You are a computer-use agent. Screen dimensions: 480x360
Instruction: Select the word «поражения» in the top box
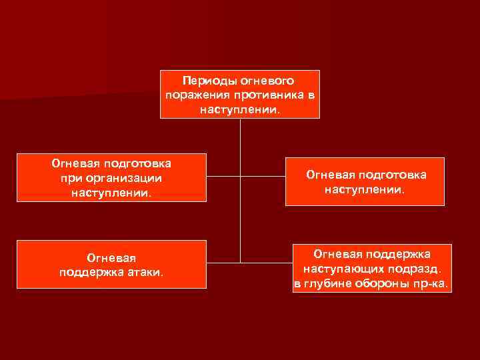pyautogui.click(x=193, y=95)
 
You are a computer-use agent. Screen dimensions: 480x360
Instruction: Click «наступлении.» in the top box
pyautogui.click(x=240, y=109)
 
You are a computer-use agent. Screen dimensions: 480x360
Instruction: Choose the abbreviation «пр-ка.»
pyautogui.click(x=433, y=285)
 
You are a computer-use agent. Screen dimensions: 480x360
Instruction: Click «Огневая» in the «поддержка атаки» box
pyautogui.click(x=111, y=258)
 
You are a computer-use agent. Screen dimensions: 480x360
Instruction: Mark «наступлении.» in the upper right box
pyautogui.click(x=365, y=189)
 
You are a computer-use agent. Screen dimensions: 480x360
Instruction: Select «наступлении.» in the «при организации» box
pyautogui.click(x=111, y=193)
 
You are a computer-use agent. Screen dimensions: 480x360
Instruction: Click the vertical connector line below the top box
pyautogui.click(x=240, y=147)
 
